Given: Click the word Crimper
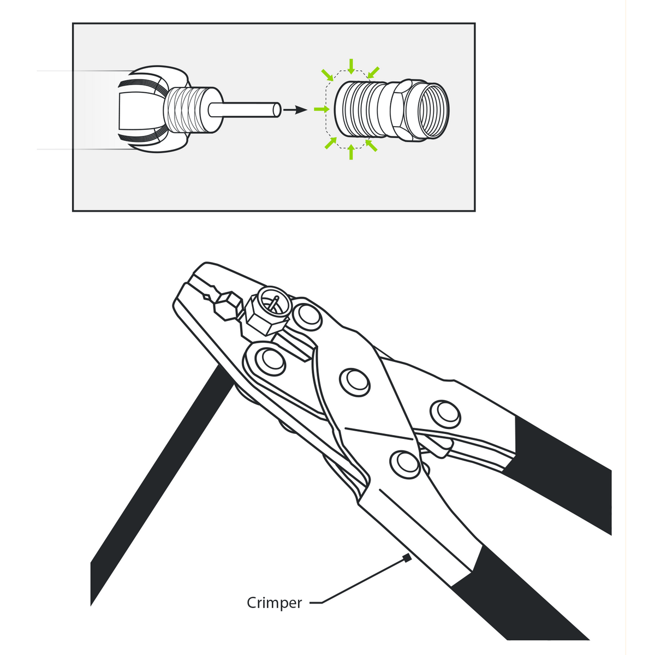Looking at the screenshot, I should point(274,603).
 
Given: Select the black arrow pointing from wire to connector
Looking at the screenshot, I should point(296,110).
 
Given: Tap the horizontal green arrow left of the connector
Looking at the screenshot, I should point(323,110).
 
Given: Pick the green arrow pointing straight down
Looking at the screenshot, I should point(351,66).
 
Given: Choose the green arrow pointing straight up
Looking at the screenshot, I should point(351,153).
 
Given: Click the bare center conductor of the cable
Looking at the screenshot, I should point(246,110).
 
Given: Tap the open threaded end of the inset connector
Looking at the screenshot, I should point(434,109).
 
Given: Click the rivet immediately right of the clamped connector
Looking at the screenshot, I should point(306,315).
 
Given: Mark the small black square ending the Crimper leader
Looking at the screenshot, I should point(406,558).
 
